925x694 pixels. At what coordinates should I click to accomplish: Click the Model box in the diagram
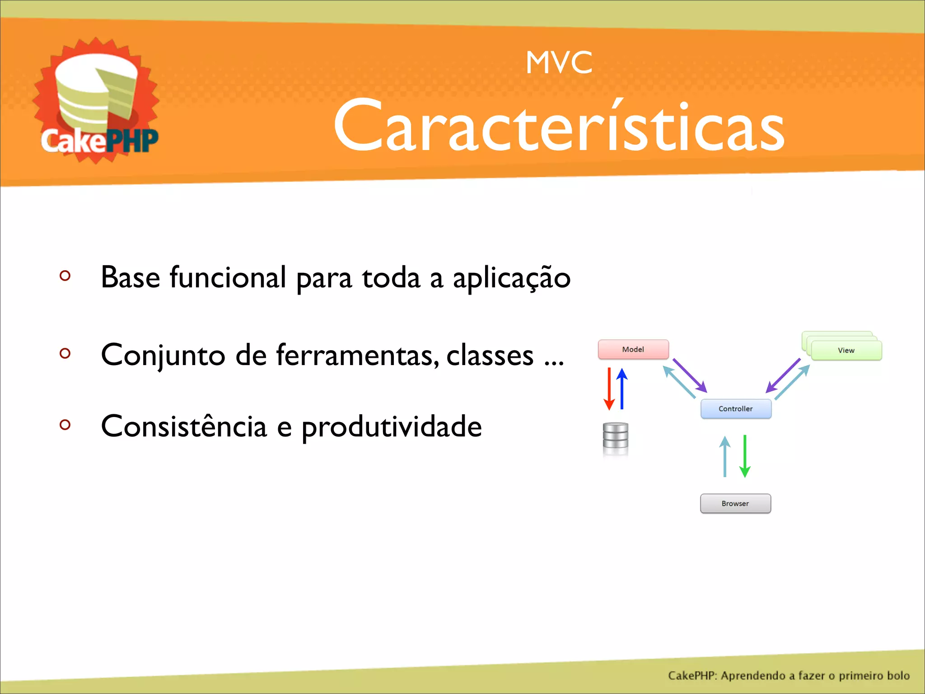point(633,349)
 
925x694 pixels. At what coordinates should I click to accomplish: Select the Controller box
point(735,408)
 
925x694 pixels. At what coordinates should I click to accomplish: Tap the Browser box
point(735,503)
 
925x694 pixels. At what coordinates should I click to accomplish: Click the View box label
point(846,350)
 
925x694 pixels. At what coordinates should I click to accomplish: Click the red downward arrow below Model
point(609,389)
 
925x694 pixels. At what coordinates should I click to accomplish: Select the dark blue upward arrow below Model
point(622,389)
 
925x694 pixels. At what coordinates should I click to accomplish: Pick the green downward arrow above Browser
point(745,455)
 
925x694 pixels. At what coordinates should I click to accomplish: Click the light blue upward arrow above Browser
point(725,456)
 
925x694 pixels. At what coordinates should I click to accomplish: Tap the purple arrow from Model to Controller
point(690,375)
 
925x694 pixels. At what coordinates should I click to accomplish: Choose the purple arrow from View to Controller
point(783,375)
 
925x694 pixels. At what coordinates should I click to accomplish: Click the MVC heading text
point(559,62)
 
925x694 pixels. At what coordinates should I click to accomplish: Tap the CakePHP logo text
point(99,141)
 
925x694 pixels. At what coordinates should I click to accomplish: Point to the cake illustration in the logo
point(96,90)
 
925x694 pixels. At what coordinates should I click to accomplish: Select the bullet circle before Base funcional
point(65,276)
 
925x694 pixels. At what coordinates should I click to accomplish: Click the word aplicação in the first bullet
point(511,278)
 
